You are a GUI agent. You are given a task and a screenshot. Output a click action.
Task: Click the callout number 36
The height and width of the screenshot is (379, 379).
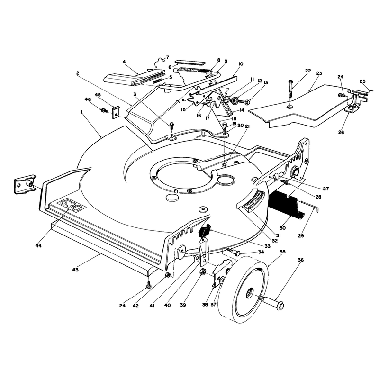tap(300, 260)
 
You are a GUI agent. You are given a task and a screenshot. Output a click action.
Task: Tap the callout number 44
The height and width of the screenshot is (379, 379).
tap(38, 245)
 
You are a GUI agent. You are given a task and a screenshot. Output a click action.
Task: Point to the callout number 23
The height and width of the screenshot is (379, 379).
tap(319, 73)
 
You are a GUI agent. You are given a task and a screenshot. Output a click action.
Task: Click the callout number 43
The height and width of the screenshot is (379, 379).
tap(75, 269)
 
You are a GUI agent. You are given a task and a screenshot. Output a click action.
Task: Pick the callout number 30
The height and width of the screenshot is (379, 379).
tap(282, 228)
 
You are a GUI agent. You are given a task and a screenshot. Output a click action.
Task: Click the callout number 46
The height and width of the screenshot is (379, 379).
tap(88, 99)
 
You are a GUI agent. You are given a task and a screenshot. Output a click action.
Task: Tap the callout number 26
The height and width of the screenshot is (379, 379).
tap(341, 132)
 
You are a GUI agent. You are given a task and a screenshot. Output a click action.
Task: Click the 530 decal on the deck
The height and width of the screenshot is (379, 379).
tap(72, 205)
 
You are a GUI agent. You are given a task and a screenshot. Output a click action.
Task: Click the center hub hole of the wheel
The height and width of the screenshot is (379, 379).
tap(250, 294)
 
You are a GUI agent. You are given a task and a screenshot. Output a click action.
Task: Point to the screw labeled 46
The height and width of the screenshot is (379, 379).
tap(105, 110)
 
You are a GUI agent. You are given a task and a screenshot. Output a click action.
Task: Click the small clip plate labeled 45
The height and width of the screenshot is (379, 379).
tap(116, 112)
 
